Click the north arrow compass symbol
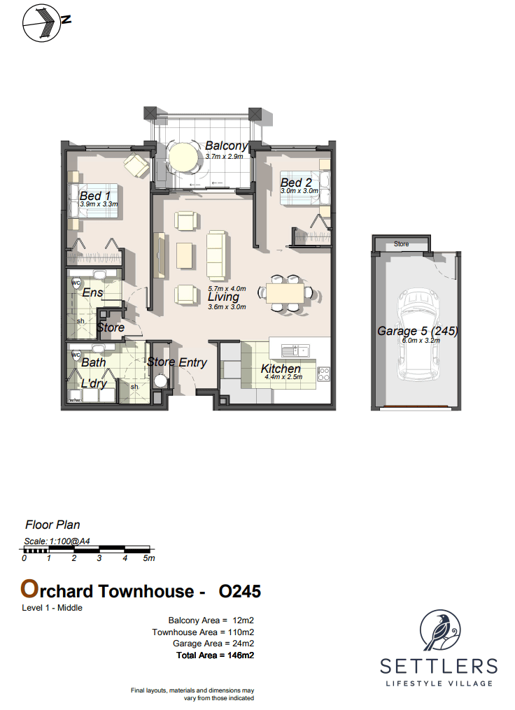click(x=42, y=23)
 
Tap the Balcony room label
click(x=226, y=145)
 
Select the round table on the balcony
click(x=183, y=157)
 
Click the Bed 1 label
click(x=94, y=196)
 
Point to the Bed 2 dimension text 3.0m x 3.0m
click(x=299, y=191)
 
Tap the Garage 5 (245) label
click(x=418, y=331)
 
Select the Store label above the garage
click(x=402, y=244)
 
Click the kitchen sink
click(x=295, y=350)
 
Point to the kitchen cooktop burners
click(x=323, y=374)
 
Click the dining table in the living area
click(x=285, y=293)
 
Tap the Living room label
click(x=223, y=297)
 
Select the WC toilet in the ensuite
click(x=76, y=283)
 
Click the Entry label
click(x=192, y=362)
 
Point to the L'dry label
click(x=94, y=383)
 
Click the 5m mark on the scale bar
click(x=149, y=558)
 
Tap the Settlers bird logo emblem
click(x=439, y=630)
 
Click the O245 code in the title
click(x=239, y=591)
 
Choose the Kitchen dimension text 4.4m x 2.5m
click(x=283, y=377)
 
